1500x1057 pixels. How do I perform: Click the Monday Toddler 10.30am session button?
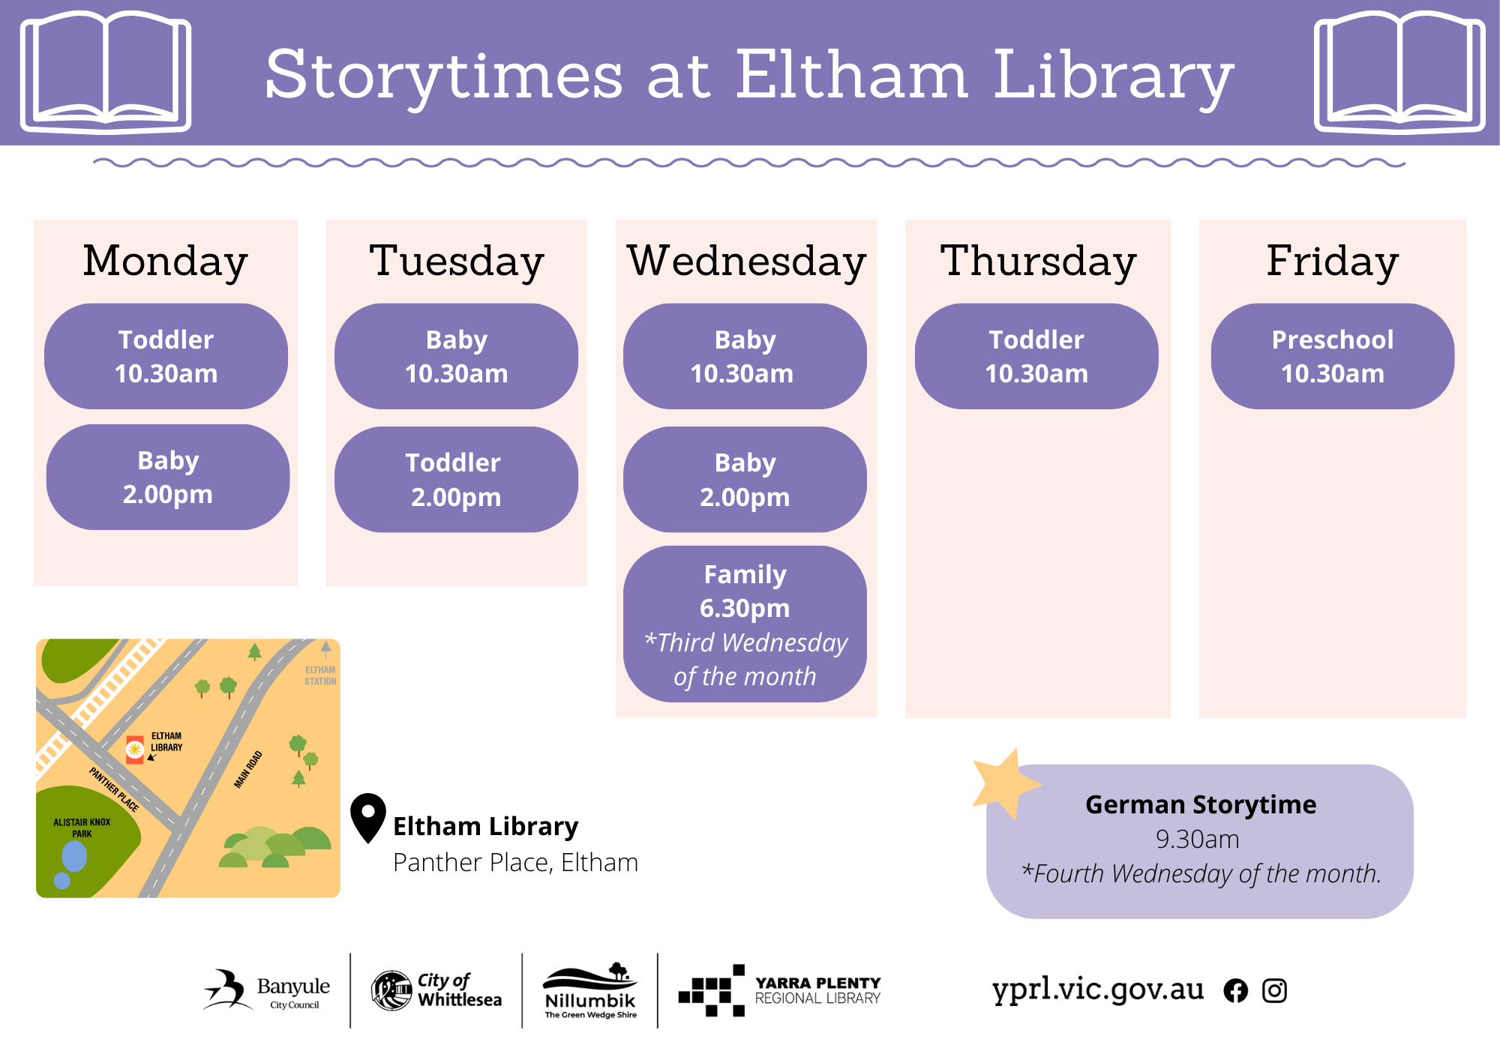point(166,356)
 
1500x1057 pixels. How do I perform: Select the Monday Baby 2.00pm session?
point(168,477)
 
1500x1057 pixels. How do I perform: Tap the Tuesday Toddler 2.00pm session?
point(456,480)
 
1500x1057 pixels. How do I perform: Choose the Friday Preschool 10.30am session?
point(1333,356)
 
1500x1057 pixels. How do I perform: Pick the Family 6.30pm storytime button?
point(745,624)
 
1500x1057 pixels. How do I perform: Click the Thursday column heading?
point(1038,262)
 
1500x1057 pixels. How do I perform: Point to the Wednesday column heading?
point(746,262)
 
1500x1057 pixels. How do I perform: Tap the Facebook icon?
point(1236,991)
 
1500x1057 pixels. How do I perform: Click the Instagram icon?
point(1274,991)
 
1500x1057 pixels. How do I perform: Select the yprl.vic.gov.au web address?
point(1097,990)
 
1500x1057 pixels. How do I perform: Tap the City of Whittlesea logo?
point(436,990)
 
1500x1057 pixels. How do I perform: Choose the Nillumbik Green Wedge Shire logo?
point(590,990)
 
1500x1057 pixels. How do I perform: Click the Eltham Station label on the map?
point(320,675)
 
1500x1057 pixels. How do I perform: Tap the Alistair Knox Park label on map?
point(82,828)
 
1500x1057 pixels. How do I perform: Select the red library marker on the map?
point(135,749)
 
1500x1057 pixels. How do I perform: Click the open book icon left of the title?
point(106,72)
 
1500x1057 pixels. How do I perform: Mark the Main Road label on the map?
point(248,770)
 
